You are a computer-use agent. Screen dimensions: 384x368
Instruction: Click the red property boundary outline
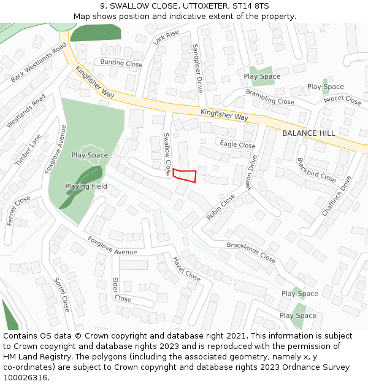(185, 176)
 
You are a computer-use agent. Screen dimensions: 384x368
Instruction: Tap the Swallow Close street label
(167, 154)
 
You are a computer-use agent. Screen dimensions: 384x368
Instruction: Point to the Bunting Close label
(121, 63)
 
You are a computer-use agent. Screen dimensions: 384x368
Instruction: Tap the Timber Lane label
(28, 149)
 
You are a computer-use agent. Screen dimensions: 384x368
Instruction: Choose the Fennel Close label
(19, 211)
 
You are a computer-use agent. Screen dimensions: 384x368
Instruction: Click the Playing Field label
(86, 186)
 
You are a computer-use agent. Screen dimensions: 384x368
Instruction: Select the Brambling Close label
(270, 96)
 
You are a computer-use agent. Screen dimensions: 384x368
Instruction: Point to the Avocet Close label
(342, 100)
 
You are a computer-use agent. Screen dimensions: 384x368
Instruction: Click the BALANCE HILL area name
(309, 133)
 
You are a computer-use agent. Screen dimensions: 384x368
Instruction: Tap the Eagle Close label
(237, 145)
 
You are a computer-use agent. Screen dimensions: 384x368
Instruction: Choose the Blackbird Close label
(316, 170)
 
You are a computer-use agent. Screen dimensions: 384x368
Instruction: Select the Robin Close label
(221, 207)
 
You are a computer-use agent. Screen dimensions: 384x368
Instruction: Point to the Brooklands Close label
(251, 252)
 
